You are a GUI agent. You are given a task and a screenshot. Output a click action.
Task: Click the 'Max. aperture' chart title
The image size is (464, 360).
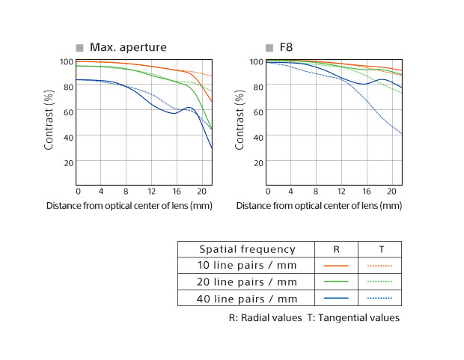(128, 47)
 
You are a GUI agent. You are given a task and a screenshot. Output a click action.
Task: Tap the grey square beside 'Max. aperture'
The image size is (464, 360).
(79, 48)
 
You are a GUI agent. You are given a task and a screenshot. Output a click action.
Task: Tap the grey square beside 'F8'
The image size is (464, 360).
(269, 48)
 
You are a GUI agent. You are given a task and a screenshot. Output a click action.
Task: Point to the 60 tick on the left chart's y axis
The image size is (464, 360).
(68, 112)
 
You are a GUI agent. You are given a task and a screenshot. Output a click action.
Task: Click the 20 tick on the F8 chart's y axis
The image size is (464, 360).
(258, 162)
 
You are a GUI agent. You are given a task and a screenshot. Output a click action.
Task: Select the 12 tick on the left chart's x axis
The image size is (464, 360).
(151, 192)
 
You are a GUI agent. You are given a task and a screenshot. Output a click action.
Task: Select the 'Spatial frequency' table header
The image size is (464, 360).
(247, 249)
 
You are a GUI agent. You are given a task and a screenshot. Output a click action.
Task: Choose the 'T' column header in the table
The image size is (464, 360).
(379, 249)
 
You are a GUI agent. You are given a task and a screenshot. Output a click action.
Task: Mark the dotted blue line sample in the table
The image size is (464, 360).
(379, 299)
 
